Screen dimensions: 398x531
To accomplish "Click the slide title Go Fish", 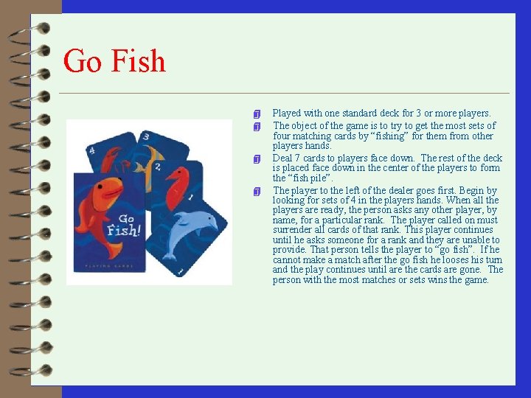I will click(x=114, y=60).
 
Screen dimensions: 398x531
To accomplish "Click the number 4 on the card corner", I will click(x=91, y=150).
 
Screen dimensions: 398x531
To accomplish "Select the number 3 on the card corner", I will click(x=146, y=136).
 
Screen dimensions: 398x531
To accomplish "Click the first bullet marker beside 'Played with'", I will click(x=256, y=114).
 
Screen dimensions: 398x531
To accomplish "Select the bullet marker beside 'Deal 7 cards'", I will click(x=256, y=159).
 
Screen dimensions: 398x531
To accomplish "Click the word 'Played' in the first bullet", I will click(x=286, y=114).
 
